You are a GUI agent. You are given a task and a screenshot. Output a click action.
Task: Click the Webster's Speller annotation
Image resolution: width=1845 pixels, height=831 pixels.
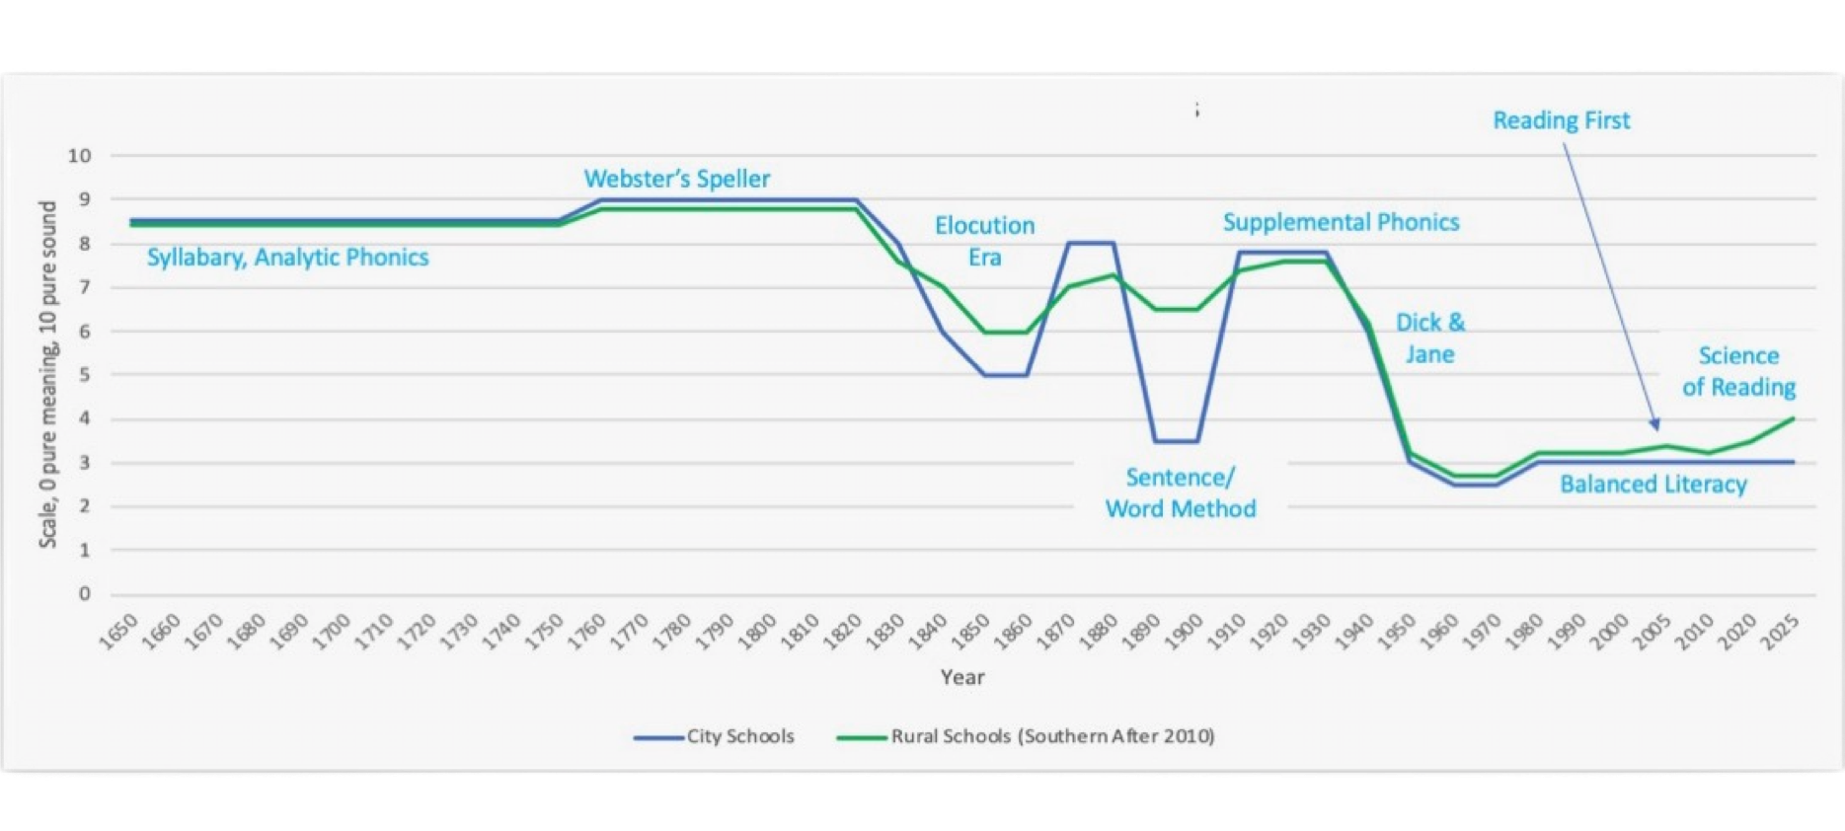pos(676,179)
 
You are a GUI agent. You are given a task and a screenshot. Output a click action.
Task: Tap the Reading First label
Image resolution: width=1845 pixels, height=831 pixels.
pos(1561,120)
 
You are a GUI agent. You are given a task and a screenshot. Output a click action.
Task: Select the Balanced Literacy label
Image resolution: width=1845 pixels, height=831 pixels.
pos(1653,484)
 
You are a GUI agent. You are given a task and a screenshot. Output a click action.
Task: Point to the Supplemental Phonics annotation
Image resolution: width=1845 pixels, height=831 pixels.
pos(1341,222)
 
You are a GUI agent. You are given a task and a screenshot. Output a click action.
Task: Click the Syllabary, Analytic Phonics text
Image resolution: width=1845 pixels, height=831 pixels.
pos(287,258)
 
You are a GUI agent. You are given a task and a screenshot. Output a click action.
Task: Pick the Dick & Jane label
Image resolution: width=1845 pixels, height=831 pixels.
pos(1429,339)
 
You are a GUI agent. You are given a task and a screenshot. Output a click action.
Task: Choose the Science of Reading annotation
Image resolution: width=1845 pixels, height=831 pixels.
pos(1738,371)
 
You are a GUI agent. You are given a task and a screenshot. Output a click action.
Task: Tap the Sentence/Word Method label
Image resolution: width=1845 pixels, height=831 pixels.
pos(1181,492)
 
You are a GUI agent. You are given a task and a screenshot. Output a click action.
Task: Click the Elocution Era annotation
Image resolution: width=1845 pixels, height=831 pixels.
pos(984,241)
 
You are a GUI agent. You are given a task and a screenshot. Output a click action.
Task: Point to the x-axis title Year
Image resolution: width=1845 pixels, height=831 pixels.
pos(961,677)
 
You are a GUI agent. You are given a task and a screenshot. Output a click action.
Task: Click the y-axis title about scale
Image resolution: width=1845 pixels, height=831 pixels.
pos(49,374)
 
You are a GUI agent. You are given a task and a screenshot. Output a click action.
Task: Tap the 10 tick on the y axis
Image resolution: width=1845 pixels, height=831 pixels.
pos(80,156)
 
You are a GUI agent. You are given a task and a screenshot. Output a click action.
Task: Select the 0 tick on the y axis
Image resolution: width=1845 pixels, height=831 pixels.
pos(85,594)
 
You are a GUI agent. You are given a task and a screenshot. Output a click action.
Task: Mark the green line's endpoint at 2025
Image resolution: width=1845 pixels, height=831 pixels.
pos(1793,418)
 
